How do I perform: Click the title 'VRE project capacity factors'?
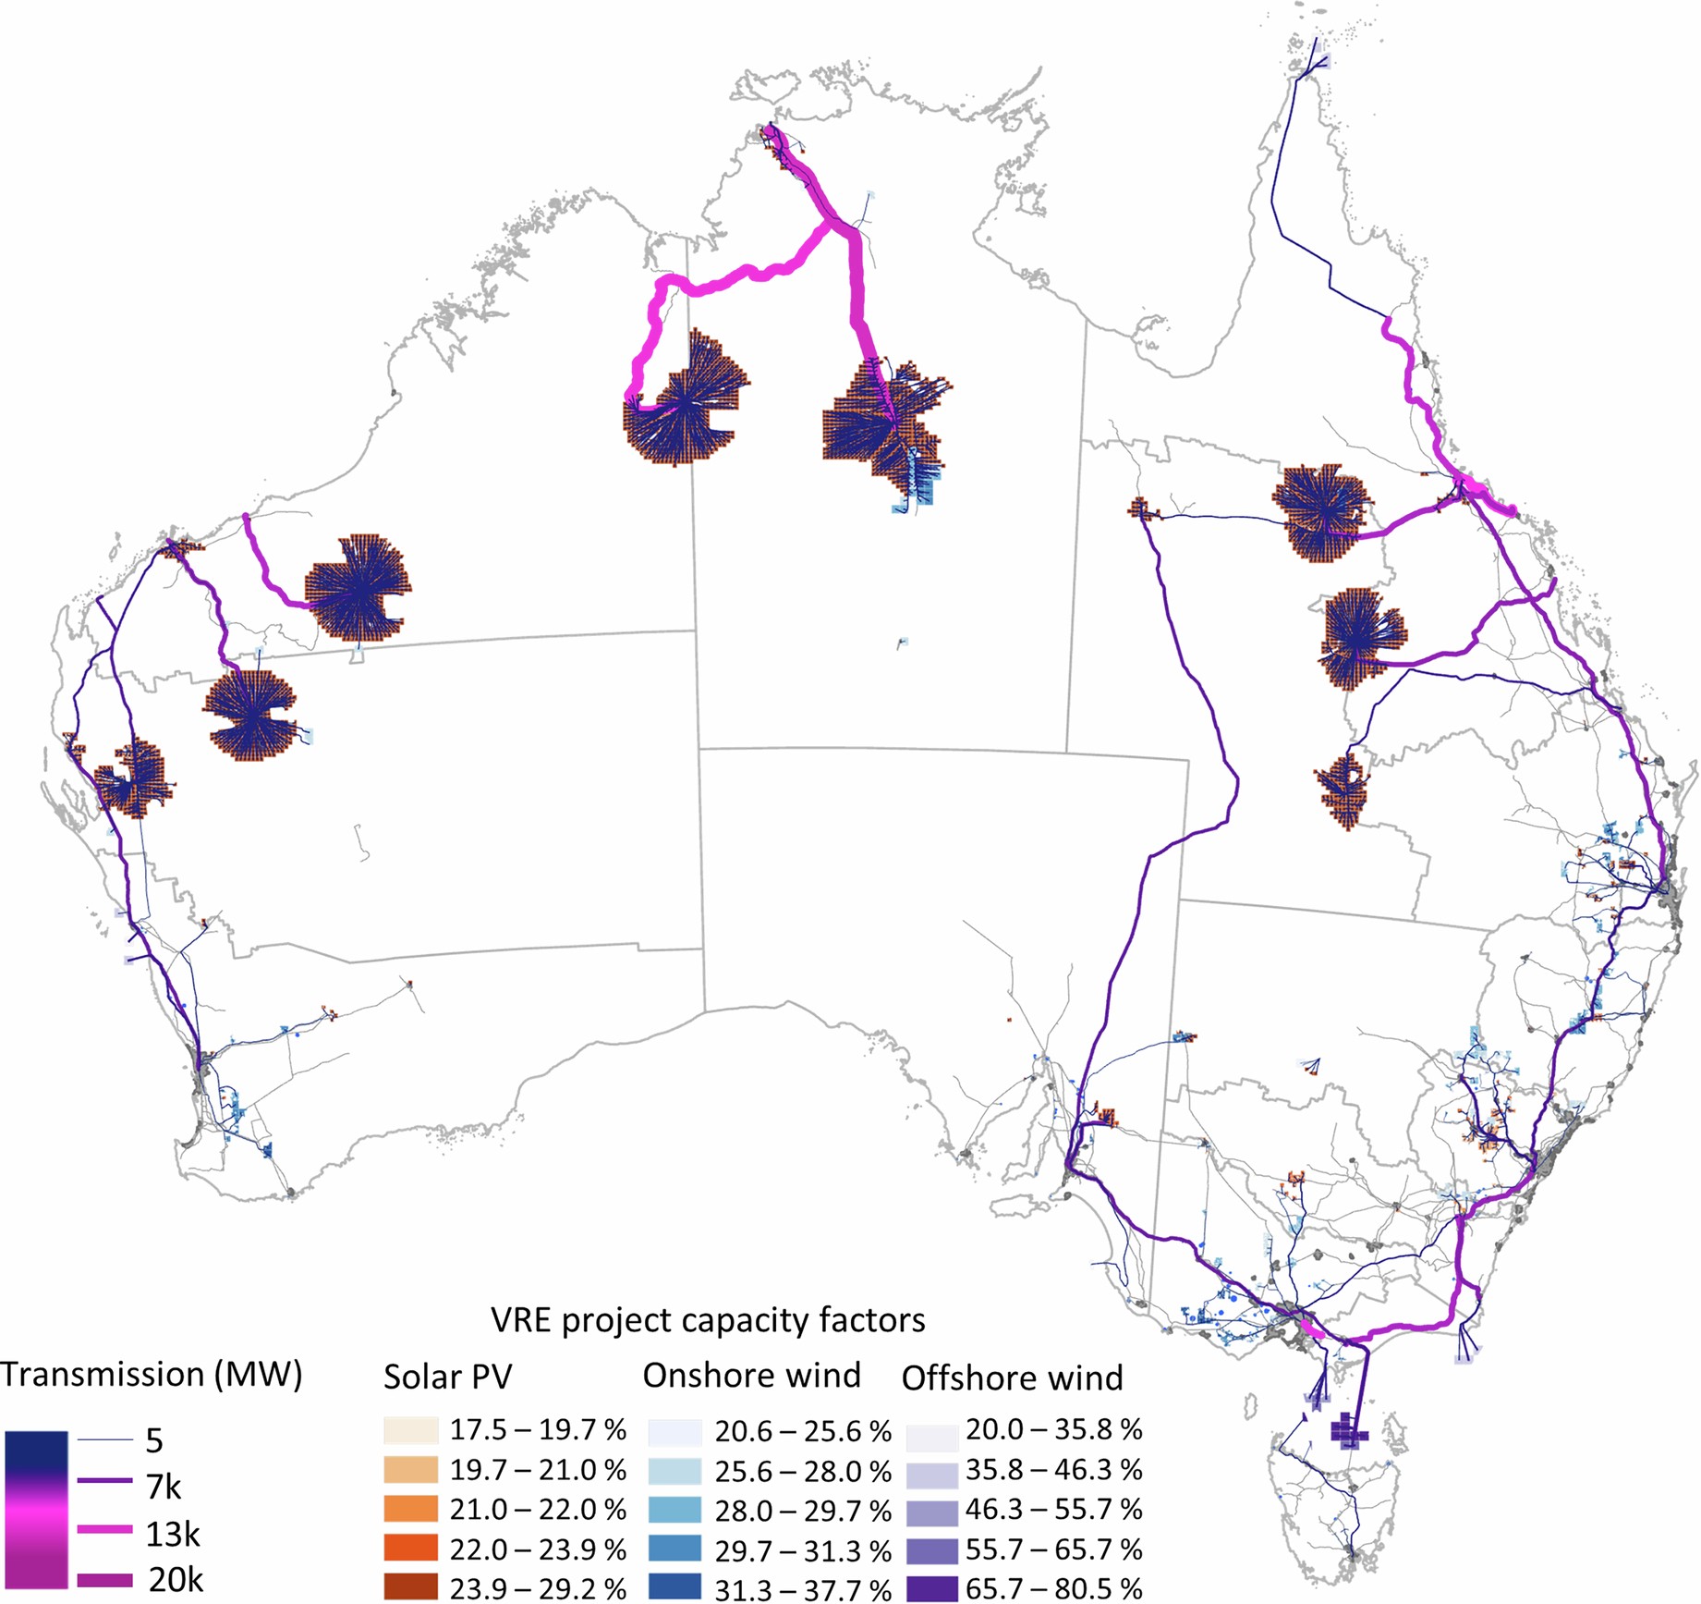pos(708,1320)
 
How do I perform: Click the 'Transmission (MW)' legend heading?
pos(152,1375)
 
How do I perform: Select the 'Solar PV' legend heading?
pos(447,1377)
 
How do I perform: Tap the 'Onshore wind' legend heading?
pos(751,1376)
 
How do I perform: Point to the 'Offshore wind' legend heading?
pos(1012,1377)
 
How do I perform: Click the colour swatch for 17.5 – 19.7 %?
pos(410,1430)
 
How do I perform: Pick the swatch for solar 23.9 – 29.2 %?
pos(410,1587)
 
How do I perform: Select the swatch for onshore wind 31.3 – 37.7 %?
pos(674,1588)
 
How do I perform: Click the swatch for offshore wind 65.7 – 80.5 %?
pos(932,1588)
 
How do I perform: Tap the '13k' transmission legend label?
pos(172,1535)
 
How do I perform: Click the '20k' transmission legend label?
pos(175,1580)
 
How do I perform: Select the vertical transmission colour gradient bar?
pos(36,1510)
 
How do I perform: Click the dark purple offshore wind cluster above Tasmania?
pos(1349,1432)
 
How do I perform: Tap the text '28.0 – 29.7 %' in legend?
pos(802,1511)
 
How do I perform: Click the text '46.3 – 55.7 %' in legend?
pos(1053,1509)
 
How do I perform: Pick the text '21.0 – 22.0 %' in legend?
pos(538,1509)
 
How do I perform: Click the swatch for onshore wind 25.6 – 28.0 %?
pos(674,1470)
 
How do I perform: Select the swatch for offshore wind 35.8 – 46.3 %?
pos(932,1470)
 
